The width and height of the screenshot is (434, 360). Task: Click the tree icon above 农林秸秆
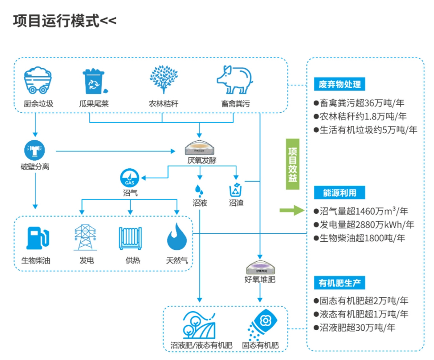pyautogui.click(x=164, y=80)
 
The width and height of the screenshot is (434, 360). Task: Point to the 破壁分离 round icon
pyautogui.click(x=35, y=150)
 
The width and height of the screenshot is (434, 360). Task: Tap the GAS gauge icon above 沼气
pyautogui.click(x=130, y=178)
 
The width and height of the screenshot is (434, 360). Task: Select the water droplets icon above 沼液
pyautogui.click(x=199, y=189)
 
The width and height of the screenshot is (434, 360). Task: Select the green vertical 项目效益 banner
pyautogui.click(x=292, y=164)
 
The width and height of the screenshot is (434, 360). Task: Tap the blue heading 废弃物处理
pyautogui.click(x=339, y=84)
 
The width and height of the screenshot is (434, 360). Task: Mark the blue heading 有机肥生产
pyautogui.click(x=339, y=283)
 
